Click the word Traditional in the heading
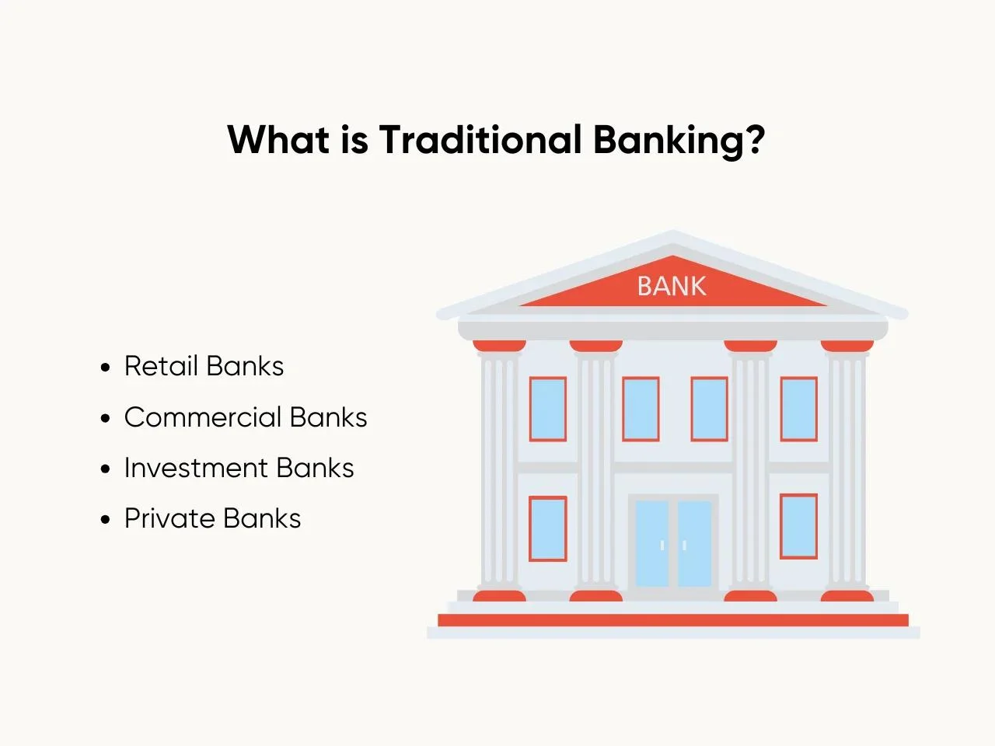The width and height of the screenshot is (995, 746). click(x=480, y=139)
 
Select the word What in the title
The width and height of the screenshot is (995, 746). click(x=278, y=139)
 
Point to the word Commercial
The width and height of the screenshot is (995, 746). click(x=203, y=417)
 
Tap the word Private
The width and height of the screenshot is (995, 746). click(x=169, y=518)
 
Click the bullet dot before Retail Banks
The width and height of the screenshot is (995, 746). click(x=105, y=367)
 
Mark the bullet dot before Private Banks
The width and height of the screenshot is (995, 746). click(x=105, y=519)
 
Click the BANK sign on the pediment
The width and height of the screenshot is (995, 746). click(x=672, y=286)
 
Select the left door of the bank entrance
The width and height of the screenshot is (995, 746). click(x=652, y=543)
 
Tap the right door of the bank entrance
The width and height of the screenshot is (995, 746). click(x=694, y=543)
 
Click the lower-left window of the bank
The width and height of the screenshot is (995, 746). click(x=548, y=528)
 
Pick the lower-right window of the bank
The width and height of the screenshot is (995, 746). click(x=798, y=526)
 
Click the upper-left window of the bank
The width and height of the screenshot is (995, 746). click(x=548, y=409)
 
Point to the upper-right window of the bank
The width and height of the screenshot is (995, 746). click(x=798, y=409)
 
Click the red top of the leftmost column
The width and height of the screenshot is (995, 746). click(x=499, y=346)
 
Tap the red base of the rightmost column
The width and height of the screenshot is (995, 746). click(x=847, y=595)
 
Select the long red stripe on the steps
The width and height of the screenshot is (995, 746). click(x=673, y=620)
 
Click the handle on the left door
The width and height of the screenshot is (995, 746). click(x=662, y=546)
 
